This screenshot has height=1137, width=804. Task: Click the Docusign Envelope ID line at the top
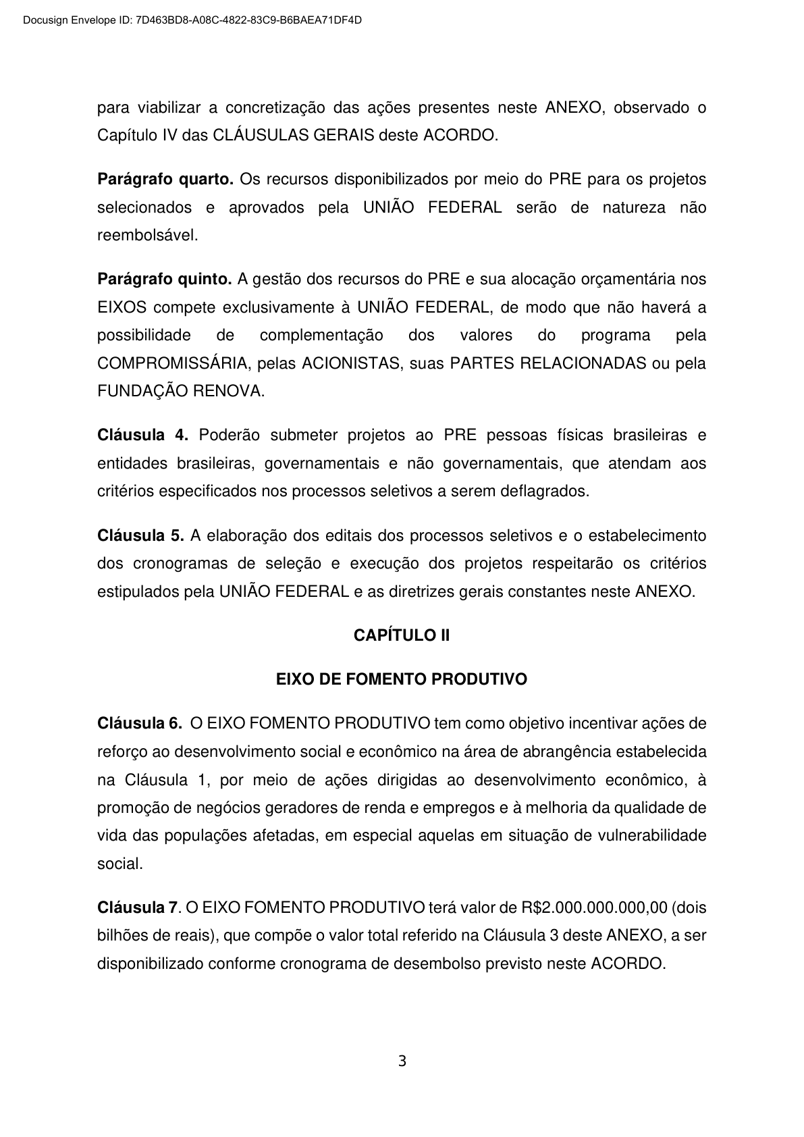[x=192, y=20]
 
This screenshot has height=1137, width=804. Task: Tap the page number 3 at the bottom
[x=402, y=1061]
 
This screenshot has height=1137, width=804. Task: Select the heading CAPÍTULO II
[x=402, y=635]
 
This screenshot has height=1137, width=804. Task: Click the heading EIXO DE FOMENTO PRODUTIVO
[x=402, y=679]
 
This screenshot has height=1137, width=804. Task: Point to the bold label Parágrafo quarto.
[x=165, y=180]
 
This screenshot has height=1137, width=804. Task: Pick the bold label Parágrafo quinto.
[x=165, y=279]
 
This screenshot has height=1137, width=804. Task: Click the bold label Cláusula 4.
[x=142, y=435]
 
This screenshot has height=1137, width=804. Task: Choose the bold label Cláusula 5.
[x=140, y=536]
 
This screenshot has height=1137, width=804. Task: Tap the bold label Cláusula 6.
[x=140, y=724]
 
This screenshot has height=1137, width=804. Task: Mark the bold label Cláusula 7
[x=138, y=907]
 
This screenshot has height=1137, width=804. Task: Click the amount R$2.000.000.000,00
[x=595, y=907]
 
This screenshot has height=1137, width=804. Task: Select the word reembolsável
[x=147, y=236]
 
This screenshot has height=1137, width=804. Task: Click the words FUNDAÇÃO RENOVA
[x=180, y=392]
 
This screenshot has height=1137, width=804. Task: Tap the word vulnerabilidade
[x=652, y=836]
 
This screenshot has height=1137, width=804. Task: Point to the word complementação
[x=321, y=336]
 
